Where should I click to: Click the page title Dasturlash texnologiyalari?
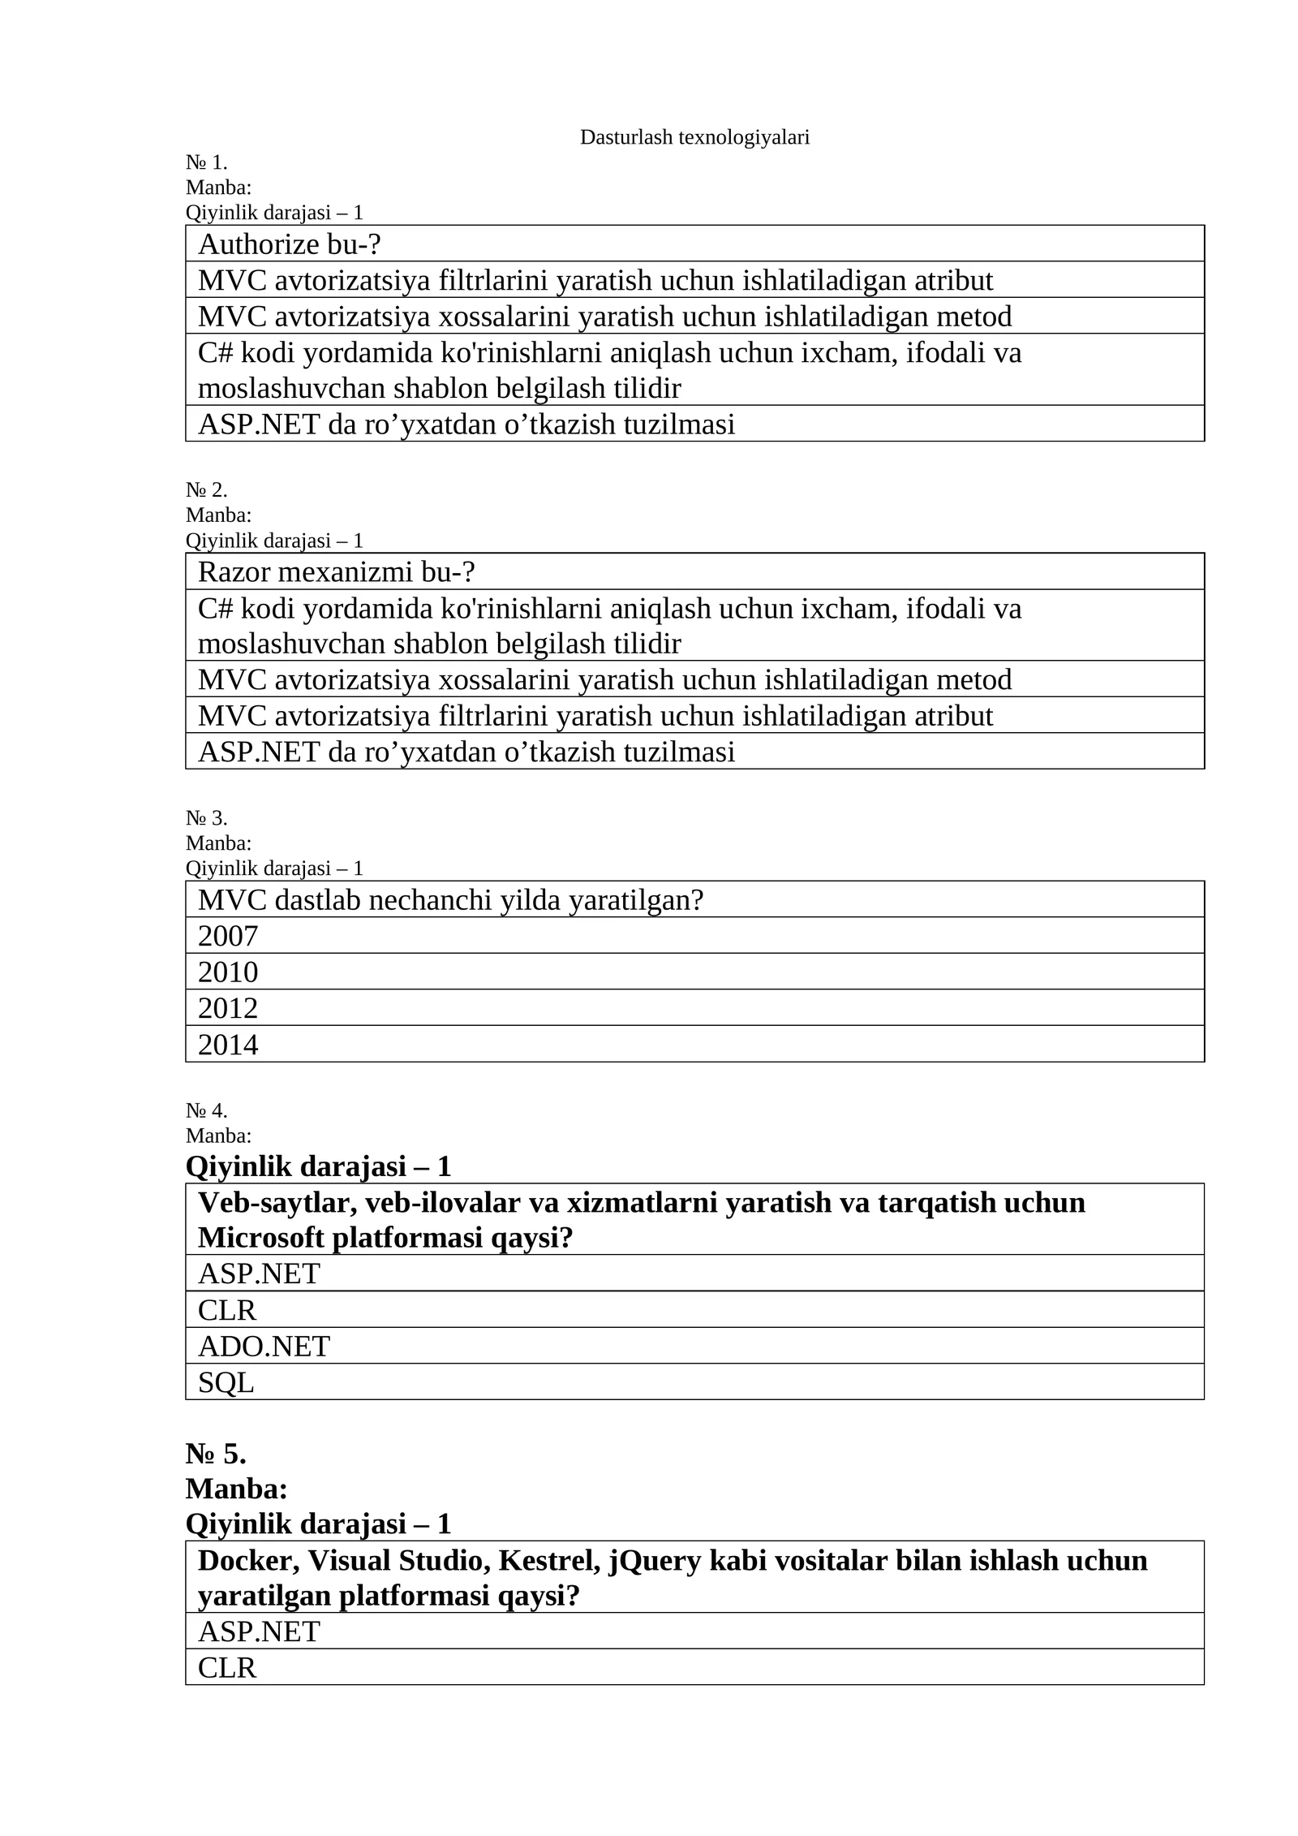[694, 138]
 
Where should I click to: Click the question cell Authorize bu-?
[289, 244]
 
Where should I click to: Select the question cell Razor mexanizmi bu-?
[336, 572]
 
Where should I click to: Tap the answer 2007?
[228, 936]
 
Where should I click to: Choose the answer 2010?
[228, 972]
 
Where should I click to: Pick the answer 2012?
[228, 1008]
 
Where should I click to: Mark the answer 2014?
[228, 1045]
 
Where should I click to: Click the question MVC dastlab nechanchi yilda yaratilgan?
[450, 900]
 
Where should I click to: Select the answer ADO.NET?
[264, 1347]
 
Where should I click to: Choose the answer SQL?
[226, 1382]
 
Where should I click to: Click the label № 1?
[206, 162]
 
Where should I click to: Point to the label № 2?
[206, 490]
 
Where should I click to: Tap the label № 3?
[206, 817]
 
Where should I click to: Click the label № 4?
[206, 1110]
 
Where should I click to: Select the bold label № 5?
[216, 1454]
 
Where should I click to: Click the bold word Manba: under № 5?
[237, 1489]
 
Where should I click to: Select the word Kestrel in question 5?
[544, 1561]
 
